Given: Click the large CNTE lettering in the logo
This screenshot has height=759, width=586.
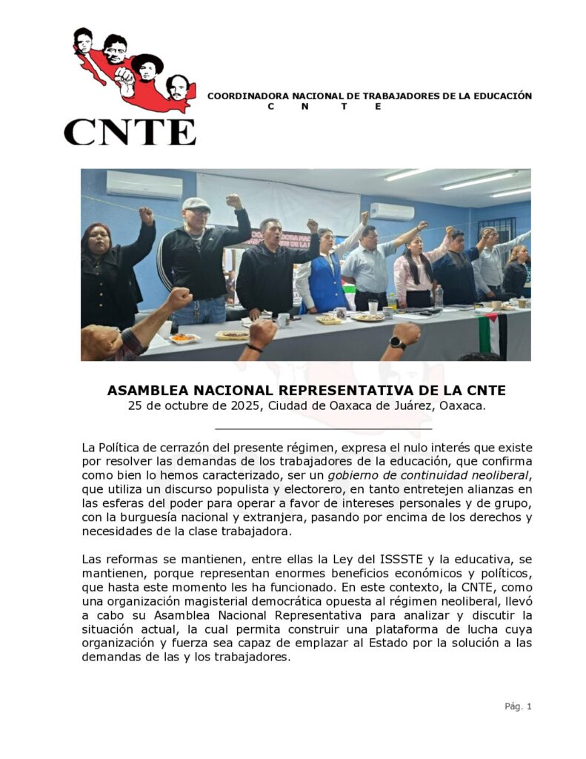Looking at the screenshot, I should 130,132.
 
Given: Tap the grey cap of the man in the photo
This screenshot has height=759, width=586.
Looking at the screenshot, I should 196,204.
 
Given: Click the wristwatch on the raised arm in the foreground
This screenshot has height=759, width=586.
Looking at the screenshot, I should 398,342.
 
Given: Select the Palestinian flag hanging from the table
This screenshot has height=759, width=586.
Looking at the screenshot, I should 492,334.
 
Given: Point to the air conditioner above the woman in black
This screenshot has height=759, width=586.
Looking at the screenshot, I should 144,185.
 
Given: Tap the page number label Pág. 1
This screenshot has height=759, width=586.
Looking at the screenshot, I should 518,706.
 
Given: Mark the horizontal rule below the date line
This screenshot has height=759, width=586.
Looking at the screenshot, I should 323,428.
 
